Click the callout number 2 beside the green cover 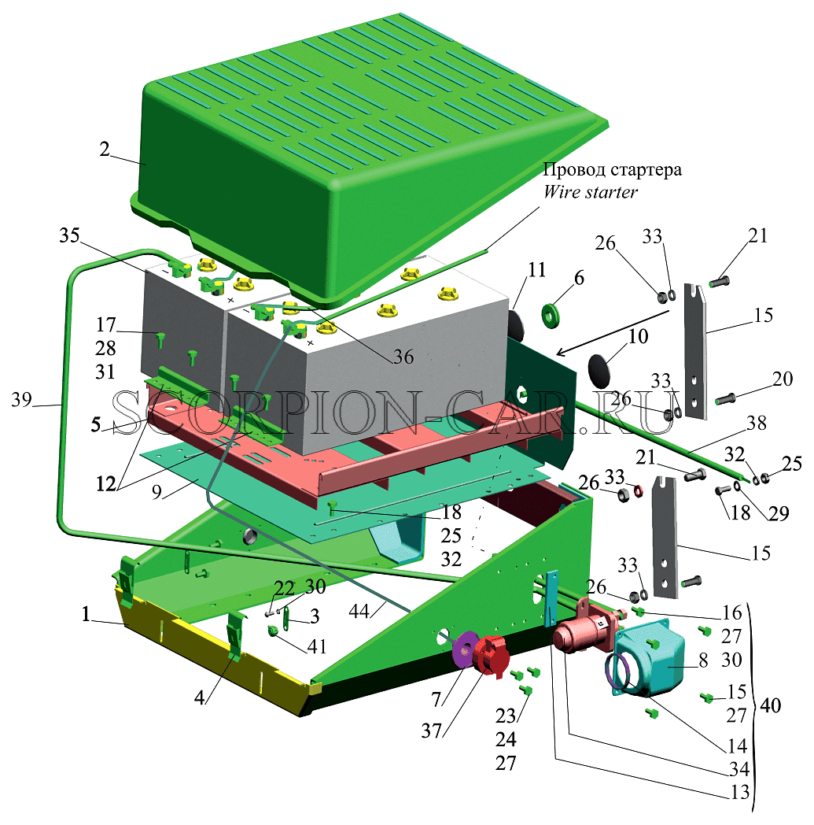tap(105, 150)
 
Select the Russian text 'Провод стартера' tap(612, 170)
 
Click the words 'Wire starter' tap(590, 192)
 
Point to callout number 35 tap(69, 235)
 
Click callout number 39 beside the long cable tap(21, 400)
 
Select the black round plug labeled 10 tap(599, 368)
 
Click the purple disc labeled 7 tap(463, 649)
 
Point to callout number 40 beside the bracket tap(771, 705)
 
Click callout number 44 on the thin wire tap(359, 611)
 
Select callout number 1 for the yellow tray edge tap(87, 614)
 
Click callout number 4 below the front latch tap(200, 698)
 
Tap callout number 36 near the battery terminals tap(403, 357)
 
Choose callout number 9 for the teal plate tap(157, 492)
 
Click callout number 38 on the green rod tap(757, 423)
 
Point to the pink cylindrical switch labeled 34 tap(584, 629)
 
